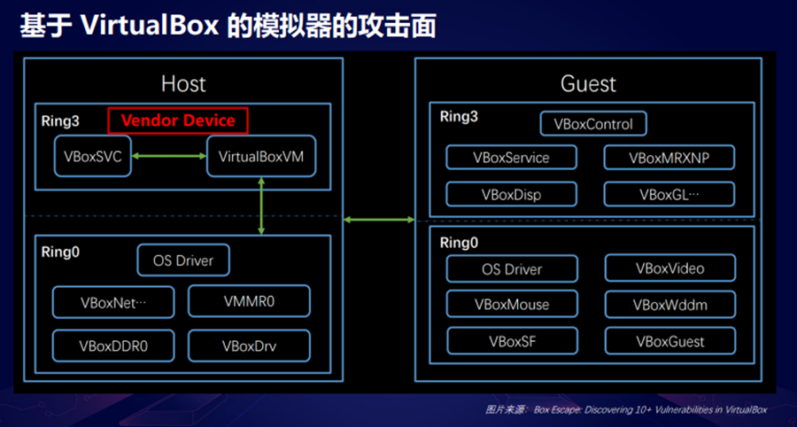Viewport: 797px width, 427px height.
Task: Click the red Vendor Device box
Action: (x=177, y=120)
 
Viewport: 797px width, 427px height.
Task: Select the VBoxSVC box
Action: (x=92, y=159)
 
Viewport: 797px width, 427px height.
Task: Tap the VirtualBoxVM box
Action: (x=261, y=159)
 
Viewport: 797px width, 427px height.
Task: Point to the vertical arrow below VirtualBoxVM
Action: (x=261, y=206)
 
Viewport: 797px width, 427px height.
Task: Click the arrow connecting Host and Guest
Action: (x=379, y=218)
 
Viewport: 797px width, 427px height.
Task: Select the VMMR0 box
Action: (x=250, y=301)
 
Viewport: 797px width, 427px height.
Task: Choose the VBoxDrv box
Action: (x=250, y=345)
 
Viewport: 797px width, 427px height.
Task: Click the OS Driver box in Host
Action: (x=182, y=260)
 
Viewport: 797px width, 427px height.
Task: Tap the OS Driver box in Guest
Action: (x=512, y=268)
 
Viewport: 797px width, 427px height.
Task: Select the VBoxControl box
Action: (x=593, y=124)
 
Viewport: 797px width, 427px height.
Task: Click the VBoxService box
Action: (x=511, y=158)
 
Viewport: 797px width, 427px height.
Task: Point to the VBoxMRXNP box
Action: (x=669, y=158)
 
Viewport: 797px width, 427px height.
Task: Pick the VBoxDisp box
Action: (x=511, y=194)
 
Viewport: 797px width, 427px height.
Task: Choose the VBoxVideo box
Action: (x=669, y=268)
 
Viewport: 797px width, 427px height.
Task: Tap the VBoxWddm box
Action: (x=669, y=305)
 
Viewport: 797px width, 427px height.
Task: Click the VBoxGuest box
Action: (x=669, y=340)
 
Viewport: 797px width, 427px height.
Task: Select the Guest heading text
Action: (x=588, y=84)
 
